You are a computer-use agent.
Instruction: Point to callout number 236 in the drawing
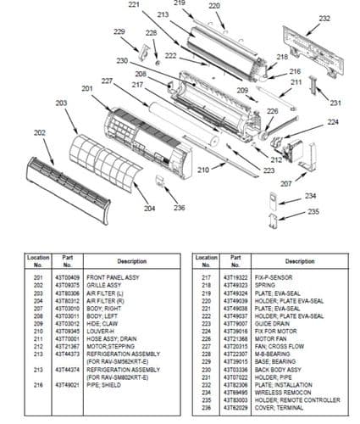(x=179, y=208)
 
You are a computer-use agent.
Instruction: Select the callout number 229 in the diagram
(x=119, y=32)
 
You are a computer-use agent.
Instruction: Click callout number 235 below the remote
(x=290, y=211)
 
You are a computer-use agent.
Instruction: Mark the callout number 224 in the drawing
(x=333, y=122)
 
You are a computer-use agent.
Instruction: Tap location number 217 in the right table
(x=206, y=278)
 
